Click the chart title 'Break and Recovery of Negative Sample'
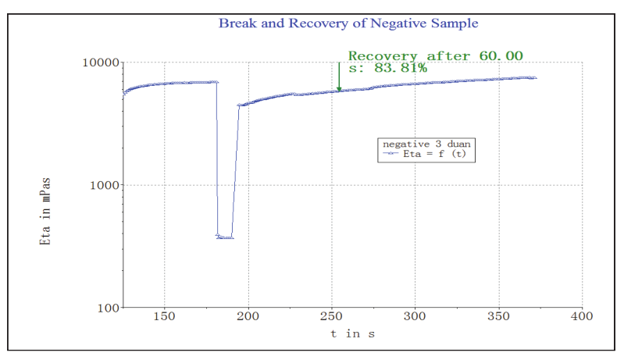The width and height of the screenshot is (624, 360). click(348, 23)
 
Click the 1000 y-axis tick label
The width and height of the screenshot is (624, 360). click(103, 185)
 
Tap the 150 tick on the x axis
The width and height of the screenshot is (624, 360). click(164, 318)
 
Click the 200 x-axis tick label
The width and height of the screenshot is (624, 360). click(248, 318)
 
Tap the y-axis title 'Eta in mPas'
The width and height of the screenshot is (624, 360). click(45, 212)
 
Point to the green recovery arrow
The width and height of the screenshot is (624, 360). click(339, 78)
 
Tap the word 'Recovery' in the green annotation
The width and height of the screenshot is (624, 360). click(383, 56)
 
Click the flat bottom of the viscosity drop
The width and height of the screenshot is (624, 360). click(224, 237)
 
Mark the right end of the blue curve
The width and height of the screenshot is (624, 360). click(536, 78)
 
